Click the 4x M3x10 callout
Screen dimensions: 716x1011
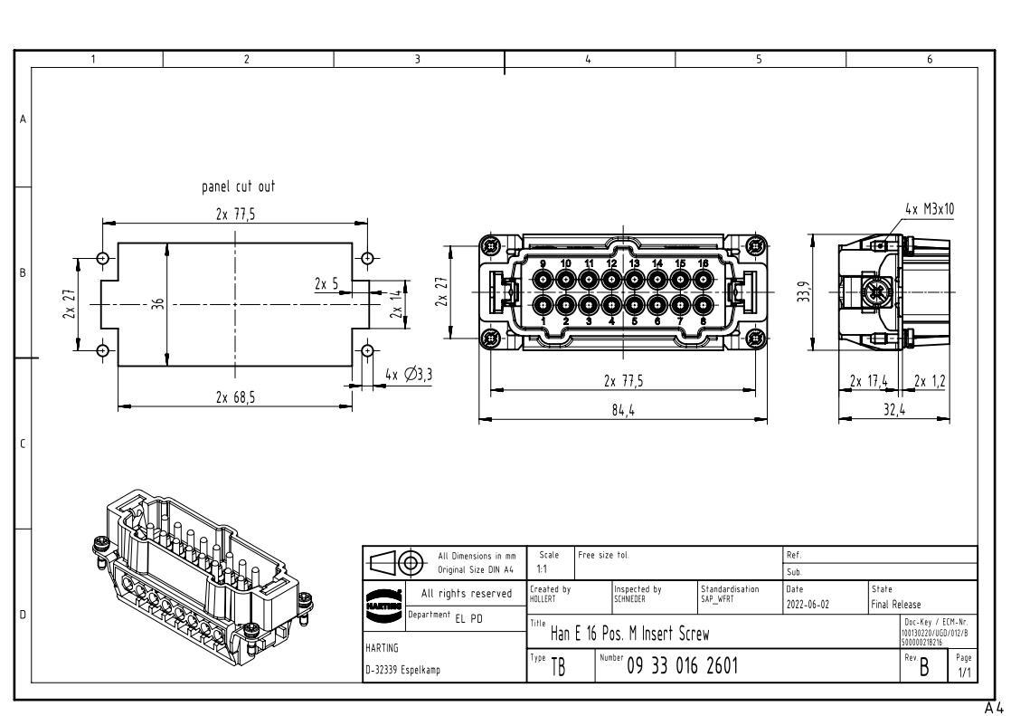point(929,209)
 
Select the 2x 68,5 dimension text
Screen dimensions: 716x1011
point(234,396)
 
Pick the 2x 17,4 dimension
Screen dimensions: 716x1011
point(870,379)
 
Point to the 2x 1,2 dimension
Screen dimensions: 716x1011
point(930,379)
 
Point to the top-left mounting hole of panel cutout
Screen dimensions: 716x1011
point(103,258)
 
